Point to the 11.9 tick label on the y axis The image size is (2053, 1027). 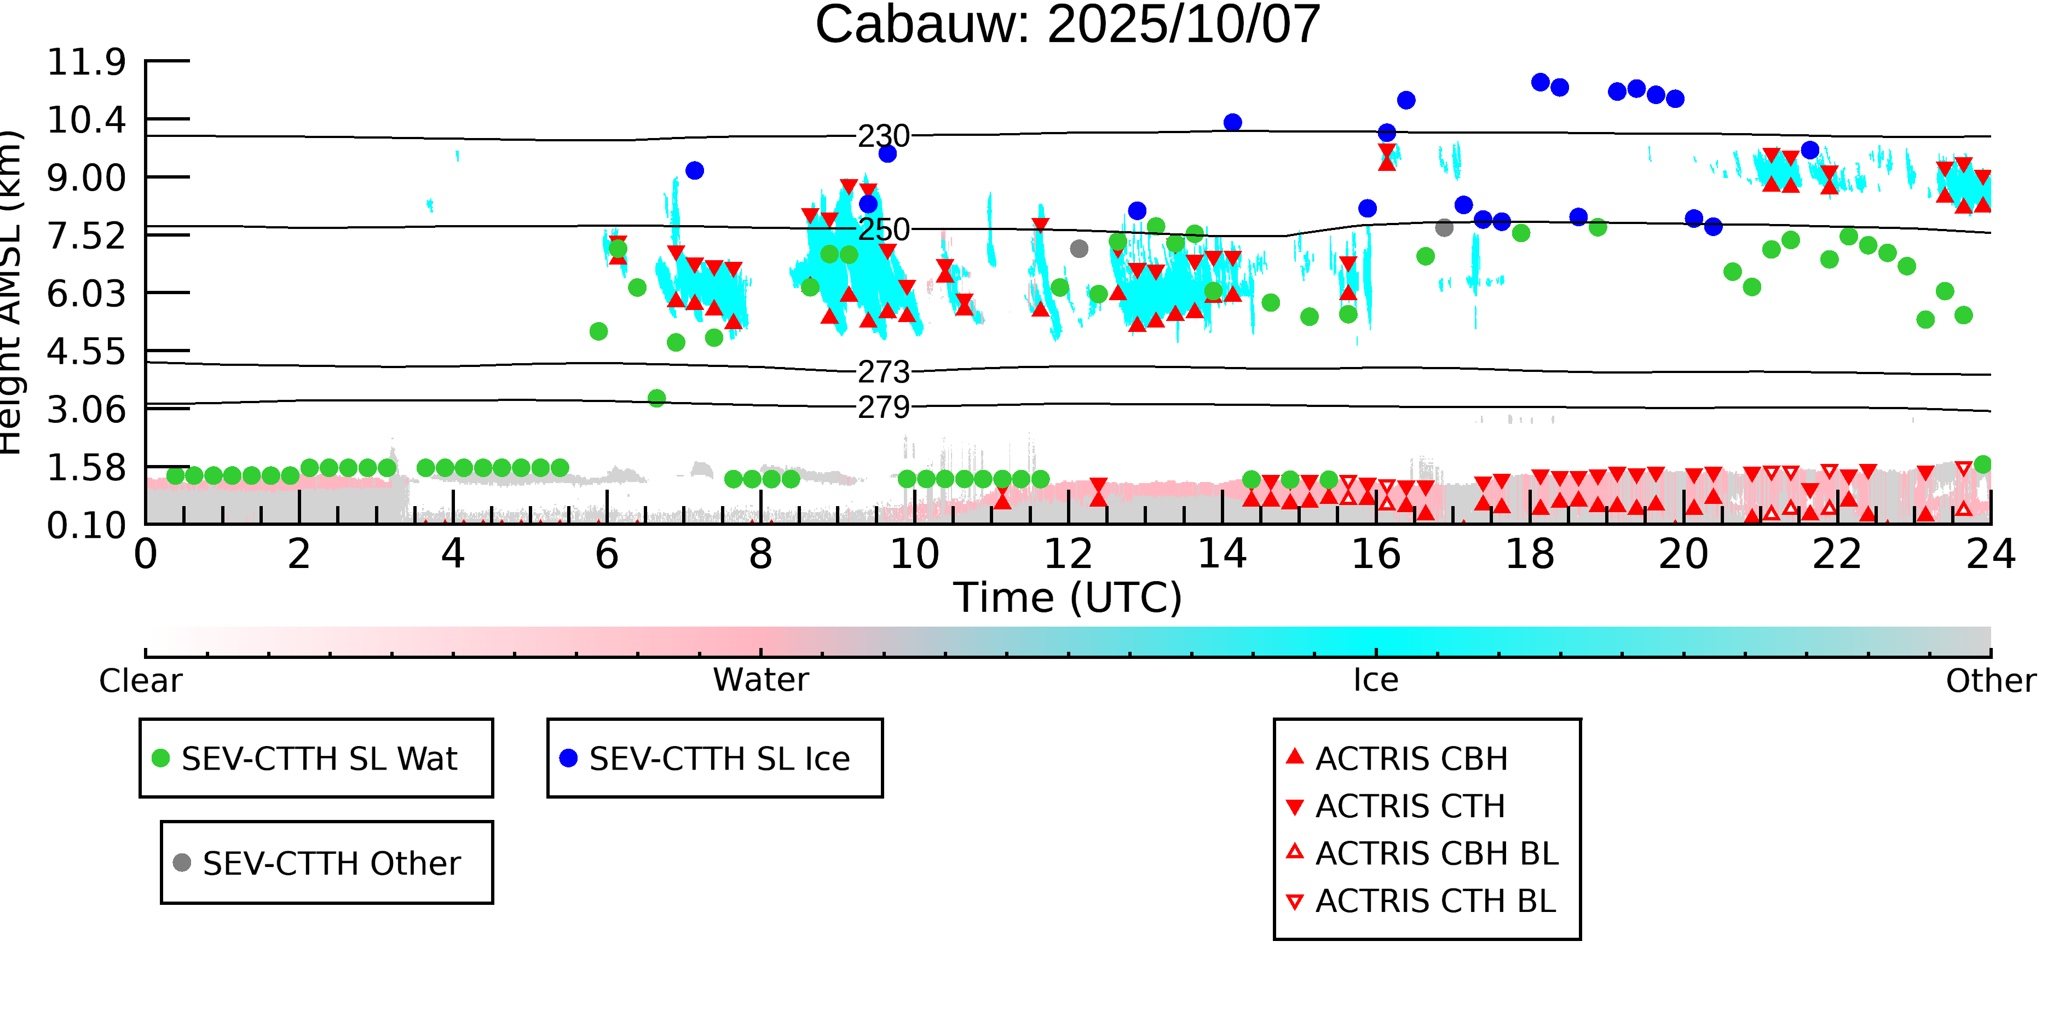coord(86,62)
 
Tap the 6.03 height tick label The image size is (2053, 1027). coord(86,294)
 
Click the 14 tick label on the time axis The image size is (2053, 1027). coord(1222,555)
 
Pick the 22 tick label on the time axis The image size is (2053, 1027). coord(1837,555)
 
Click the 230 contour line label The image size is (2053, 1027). coord(883,136)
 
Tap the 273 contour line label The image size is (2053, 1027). coord(883,372)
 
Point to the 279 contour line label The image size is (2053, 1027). coord(883,408)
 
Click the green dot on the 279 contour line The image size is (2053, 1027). coord(657,398)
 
